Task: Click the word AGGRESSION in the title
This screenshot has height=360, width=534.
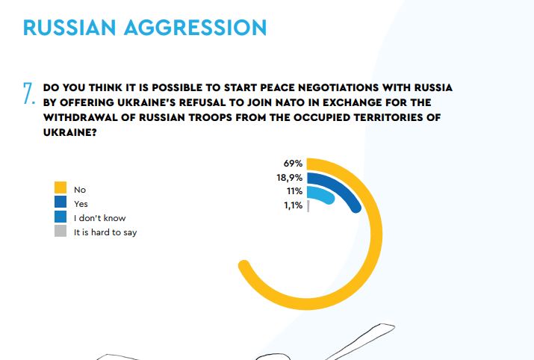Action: [x=195, y=28]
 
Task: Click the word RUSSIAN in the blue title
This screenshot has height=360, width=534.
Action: [x=69, y=28]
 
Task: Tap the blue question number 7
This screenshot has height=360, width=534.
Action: [x=29, y=93]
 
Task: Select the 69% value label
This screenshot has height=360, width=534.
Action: [x=293, y=164]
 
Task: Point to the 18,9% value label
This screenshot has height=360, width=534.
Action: [x=290, y=178]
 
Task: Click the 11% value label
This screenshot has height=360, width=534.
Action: [x=294, y=191]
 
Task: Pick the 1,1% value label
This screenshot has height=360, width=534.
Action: [x=294, y=205]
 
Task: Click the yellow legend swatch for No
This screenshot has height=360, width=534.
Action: [x=60, y=187]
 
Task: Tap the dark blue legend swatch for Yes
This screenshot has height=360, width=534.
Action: [x=60, y=202]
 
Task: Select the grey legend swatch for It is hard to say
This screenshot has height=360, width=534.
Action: [x=60, y=231]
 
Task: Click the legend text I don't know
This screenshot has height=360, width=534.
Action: [x=100, y=218]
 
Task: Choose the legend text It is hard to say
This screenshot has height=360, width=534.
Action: [x=105, y=232]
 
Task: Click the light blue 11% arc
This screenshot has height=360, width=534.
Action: [x=324, y=193]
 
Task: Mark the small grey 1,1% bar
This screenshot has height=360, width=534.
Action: [x=308, y=206]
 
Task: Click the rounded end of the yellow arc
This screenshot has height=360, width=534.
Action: [x=243, y=266]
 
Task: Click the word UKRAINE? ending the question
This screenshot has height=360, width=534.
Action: [x=69, y=132]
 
